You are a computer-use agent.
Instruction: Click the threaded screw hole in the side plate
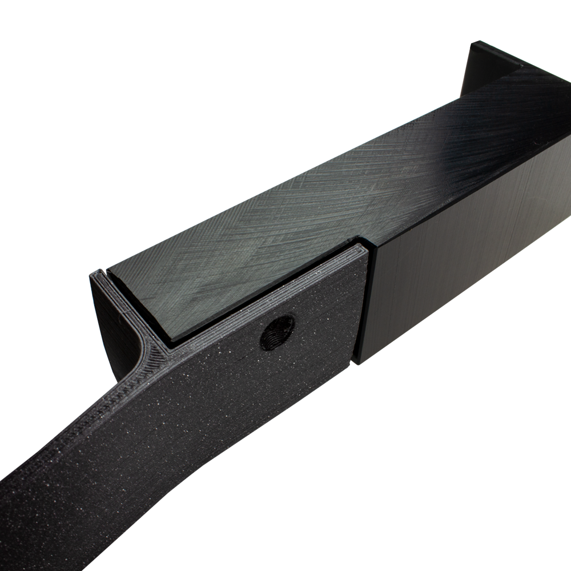pyautogui.click(x=278, y=331)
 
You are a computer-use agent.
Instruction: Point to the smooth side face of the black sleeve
pyautogui.click(x=457, y=257)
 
